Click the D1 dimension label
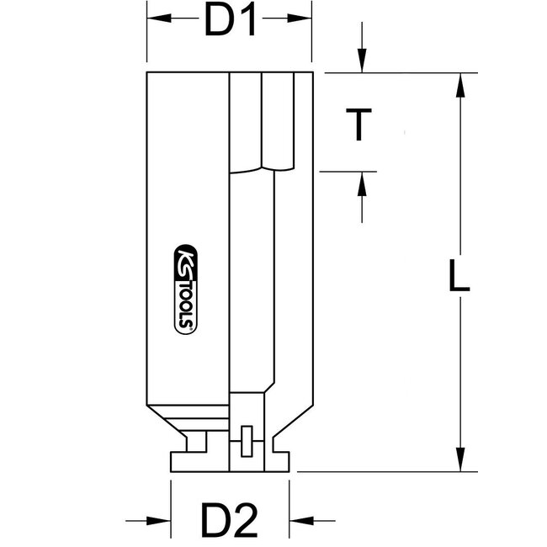pos(230,24)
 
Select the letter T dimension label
pos(360,125)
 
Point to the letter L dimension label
pos(458,277)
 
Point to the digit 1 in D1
pos(247,24)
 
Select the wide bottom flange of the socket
pos(230,461)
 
